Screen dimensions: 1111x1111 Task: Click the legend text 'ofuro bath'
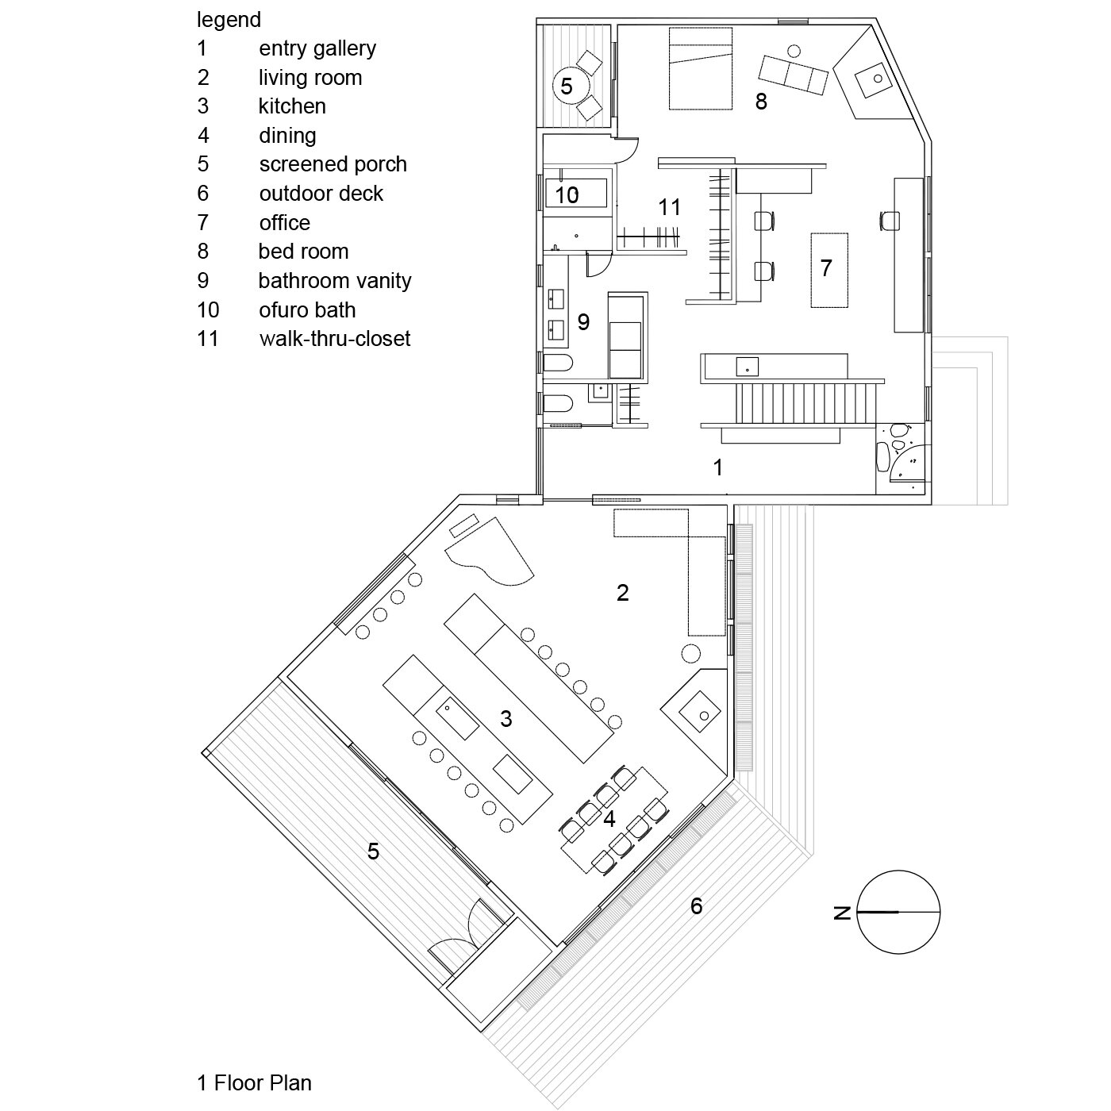tap(307, 309)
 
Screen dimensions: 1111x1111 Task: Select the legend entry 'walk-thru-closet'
tap(334, 339)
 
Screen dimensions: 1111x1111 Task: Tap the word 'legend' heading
tap(229, 19)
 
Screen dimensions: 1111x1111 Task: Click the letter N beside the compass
tap(843, 913)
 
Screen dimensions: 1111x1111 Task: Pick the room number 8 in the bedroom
tap(761, 102)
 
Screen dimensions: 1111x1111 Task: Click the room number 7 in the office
tap(826, 267)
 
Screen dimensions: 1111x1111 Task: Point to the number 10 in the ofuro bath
tap(567, 194)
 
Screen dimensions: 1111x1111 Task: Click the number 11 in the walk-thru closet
tap(670, 207)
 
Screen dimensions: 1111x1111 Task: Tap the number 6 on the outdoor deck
tap(696, 905)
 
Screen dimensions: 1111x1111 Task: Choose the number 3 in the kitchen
tap(506, 719)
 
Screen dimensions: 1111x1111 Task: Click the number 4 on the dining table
tap(609, 818)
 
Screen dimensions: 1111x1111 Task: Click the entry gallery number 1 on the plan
tap(718, 467)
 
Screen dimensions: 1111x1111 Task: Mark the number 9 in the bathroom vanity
tap(583, 321)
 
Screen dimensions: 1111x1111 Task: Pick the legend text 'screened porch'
tap(333, 164)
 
